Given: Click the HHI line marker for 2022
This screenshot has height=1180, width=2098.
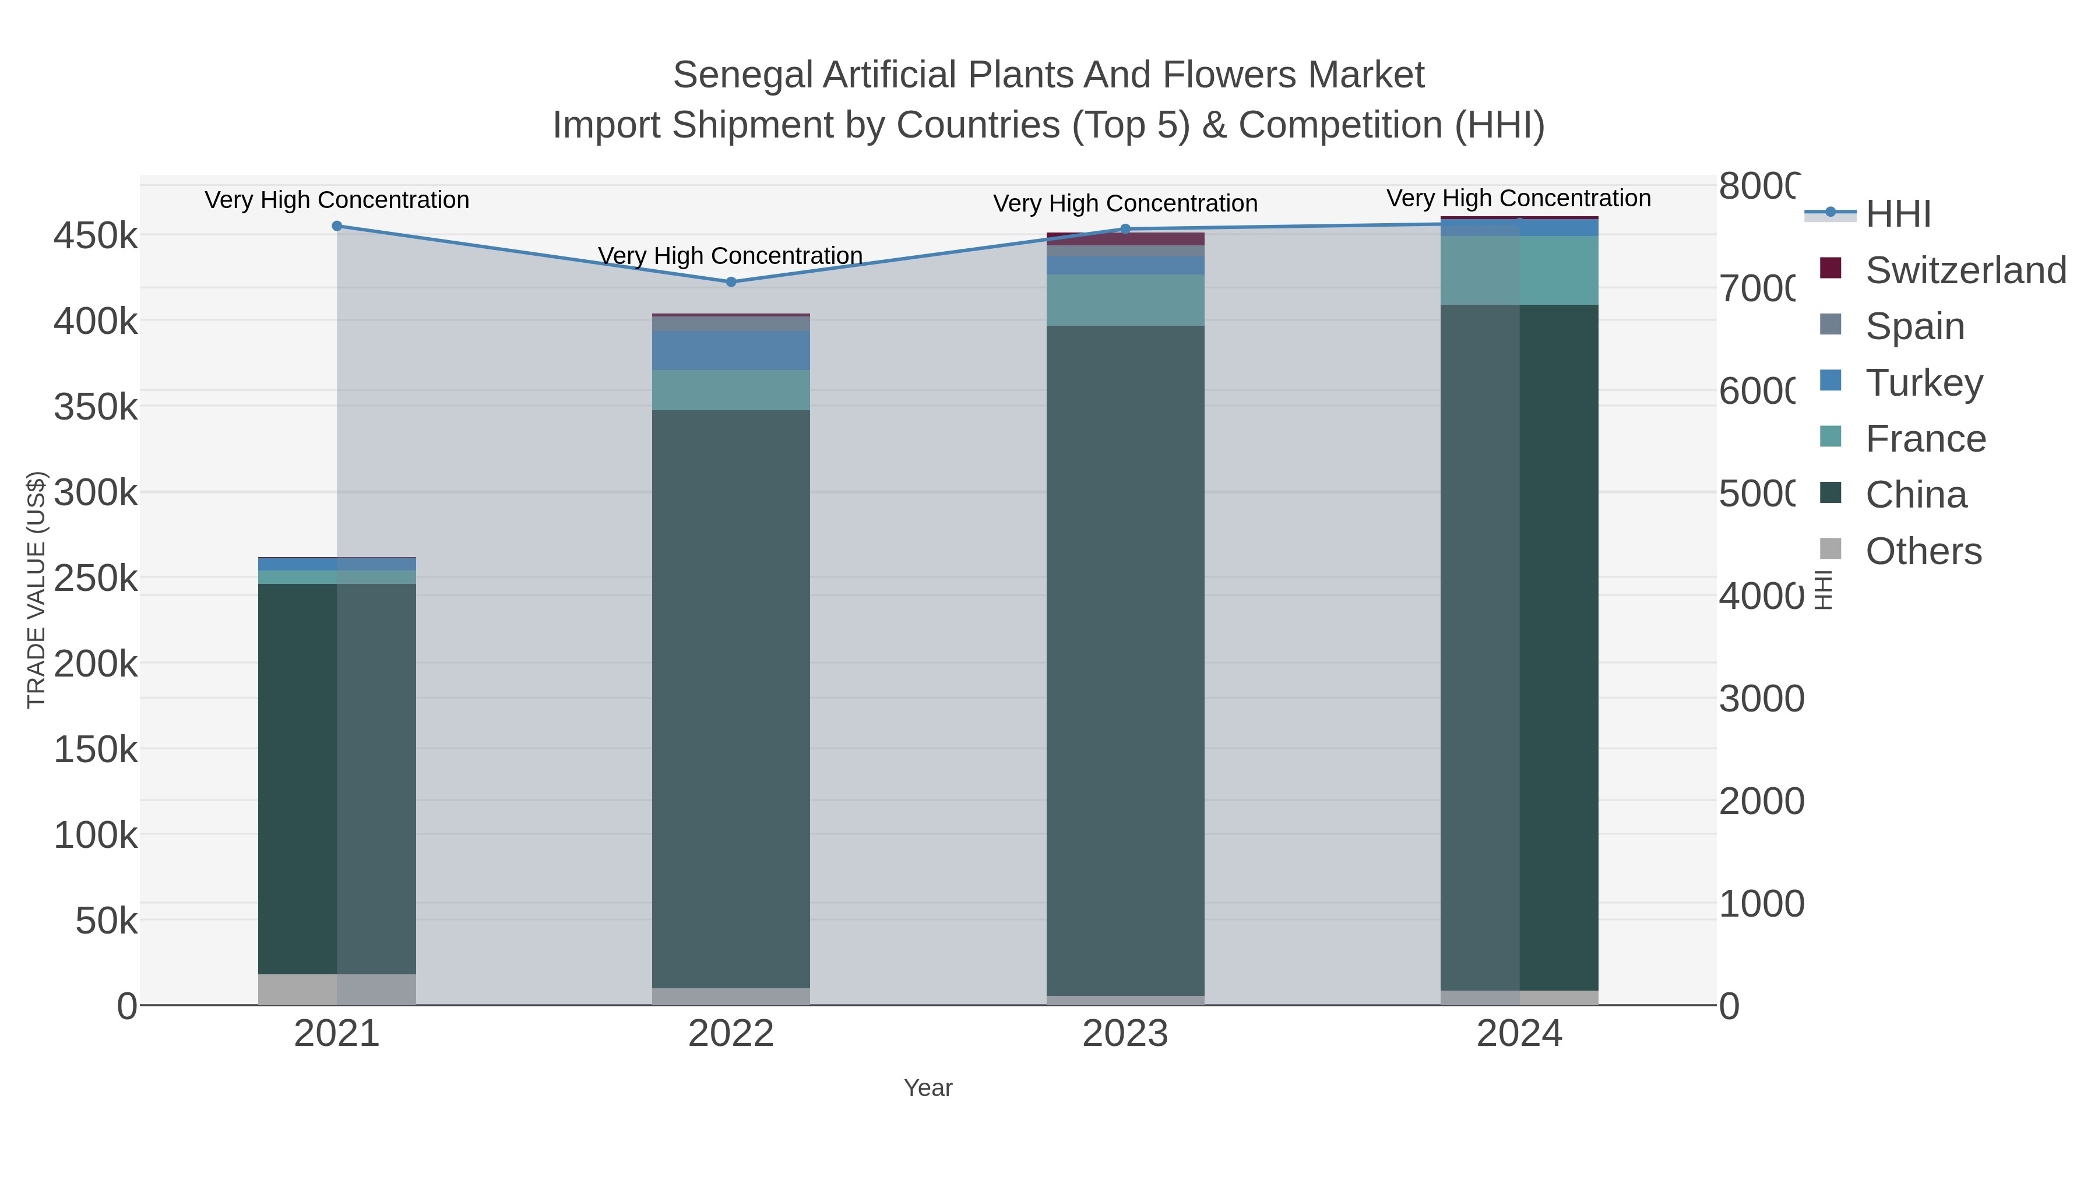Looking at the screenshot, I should pyautogui.click(x=731, y=282).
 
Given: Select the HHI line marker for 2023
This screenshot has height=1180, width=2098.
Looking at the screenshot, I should pyautogui.click(x=1125, y=229).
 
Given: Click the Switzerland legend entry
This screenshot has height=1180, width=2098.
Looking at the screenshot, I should pyautogui.click(x=1965, y=270).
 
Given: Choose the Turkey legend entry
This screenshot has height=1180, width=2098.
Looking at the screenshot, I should pyautogui.click(x=1924, y=383).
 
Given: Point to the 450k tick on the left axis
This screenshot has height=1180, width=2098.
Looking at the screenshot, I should pyautogui.click(x=96, y=236).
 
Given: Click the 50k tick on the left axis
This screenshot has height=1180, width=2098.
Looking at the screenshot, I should pyautogui.click(x=106, y=921).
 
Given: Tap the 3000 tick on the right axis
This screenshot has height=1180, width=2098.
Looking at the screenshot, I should pyautogui.click(x=1761, y=699).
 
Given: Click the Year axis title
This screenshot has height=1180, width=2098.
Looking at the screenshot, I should pyautogui.click(x=928, y=1088).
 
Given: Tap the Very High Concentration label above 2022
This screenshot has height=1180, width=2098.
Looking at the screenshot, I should pyautogui.click(x=731, y=256).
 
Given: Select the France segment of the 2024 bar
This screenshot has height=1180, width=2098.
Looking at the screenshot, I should pyautogui.click(x=1519, y=270).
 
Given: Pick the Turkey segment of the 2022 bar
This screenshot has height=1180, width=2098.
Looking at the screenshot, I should pyautogui.click(x=731, y=350).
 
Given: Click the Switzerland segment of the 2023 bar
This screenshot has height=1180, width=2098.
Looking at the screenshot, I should pyautogui.click(x=1125, y=238).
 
